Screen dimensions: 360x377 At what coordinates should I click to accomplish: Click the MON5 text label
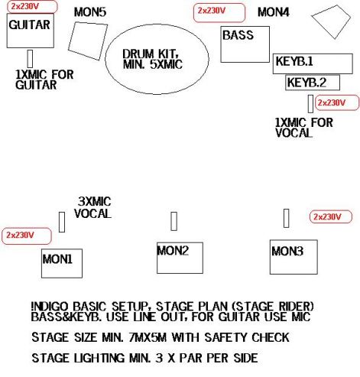pos(90,12)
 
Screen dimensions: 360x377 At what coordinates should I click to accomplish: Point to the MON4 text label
pos(274,12)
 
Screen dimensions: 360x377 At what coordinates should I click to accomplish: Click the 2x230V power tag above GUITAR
pos(32,7)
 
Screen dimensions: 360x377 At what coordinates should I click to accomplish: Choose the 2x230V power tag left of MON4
pos(219,13)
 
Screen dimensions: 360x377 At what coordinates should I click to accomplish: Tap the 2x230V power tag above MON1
pos(27,236)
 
